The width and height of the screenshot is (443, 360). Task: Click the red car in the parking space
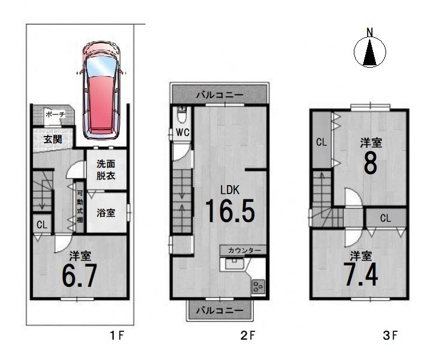(x=102, y=90)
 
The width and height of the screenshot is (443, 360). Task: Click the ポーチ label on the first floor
(x=55, y=114)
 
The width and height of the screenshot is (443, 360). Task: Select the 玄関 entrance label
(x=53, y=139)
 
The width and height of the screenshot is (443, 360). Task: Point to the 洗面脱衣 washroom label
(x=106, y=170)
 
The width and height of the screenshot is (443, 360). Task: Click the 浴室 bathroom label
(x=106, y=213)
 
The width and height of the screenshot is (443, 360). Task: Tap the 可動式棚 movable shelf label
(x=80, y=207)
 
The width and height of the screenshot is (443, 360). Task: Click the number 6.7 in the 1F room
(x=80, y=276)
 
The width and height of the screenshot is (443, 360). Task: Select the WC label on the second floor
(x=183, y=132)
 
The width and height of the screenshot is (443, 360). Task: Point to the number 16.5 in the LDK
(x=230, y=210)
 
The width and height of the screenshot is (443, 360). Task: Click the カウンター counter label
(x=244, y=250)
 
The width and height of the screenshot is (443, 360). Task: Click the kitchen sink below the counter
(x=234, y=265)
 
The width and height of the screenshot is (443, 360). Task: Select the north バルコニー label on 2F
(x=220, y=95)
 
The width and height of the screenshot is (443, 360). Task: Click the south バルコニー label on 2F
(x=220, y=310)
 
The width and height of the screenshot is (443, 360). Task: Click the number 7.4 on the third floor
(x=360, y=274)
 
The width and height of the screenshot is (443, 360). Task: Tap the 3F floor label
(x=390, y=335)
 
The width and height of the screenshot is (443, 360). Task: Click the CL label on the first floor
(x=42, y=225)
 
